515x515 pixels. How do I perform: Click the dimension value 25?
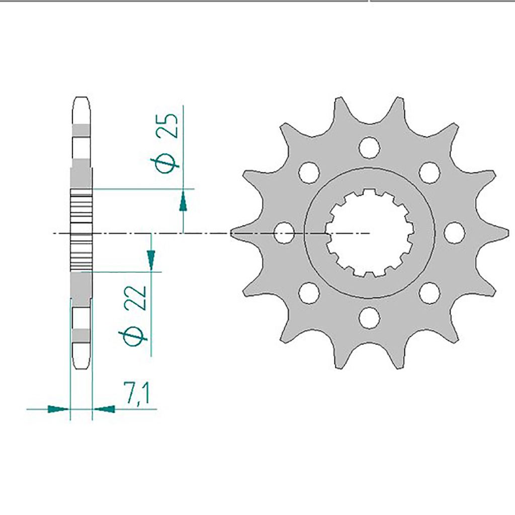pyautogui.click(x=167, y=125)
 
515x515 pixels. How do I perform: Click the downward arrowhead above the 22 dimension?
pyautogui.click(x=151, y=260)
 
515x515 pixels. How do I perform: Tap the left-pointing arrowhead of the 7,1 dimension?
pyautogui.click(x=104, y=409)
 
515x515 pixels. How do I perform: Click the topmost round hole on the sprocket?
pyautogui.click(x=370, y=147)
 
